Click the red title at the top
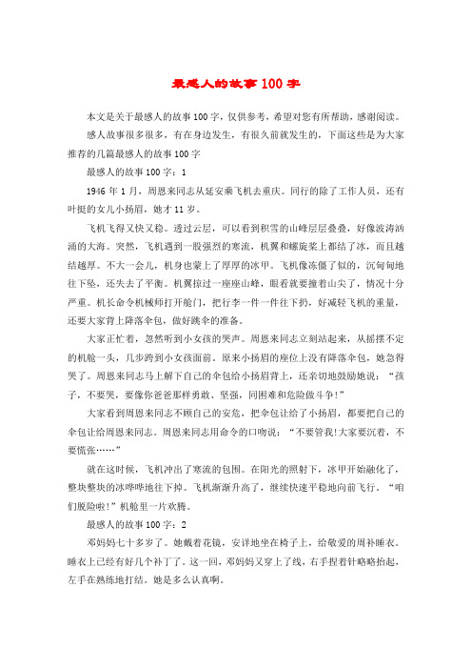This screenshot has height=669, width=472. pyautogui.click(x=236, y=83)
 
